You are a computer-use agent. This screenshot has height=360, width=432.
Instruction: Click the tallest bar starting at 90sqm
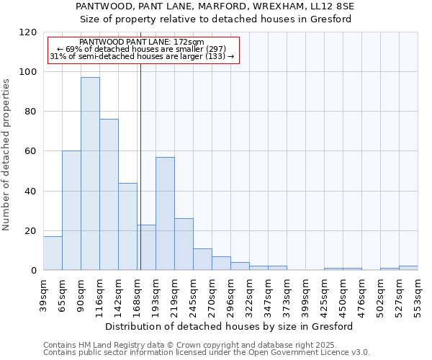coord(90,174)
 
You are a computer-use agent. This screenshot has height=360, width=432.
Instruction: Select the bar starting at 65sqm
coord(71,211)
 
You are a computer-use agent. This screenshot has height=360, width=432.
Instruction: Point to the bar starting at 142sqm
coord(127,227)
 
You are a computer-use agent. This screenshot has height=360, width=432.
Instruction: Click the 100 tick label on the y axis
coord(29,72)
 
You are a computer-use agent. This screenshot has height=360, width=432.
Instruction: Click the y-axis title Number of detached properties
coord(6,156)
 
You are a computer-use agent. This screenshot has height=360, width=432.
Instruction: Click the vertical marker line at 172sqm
coord(140,166)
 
